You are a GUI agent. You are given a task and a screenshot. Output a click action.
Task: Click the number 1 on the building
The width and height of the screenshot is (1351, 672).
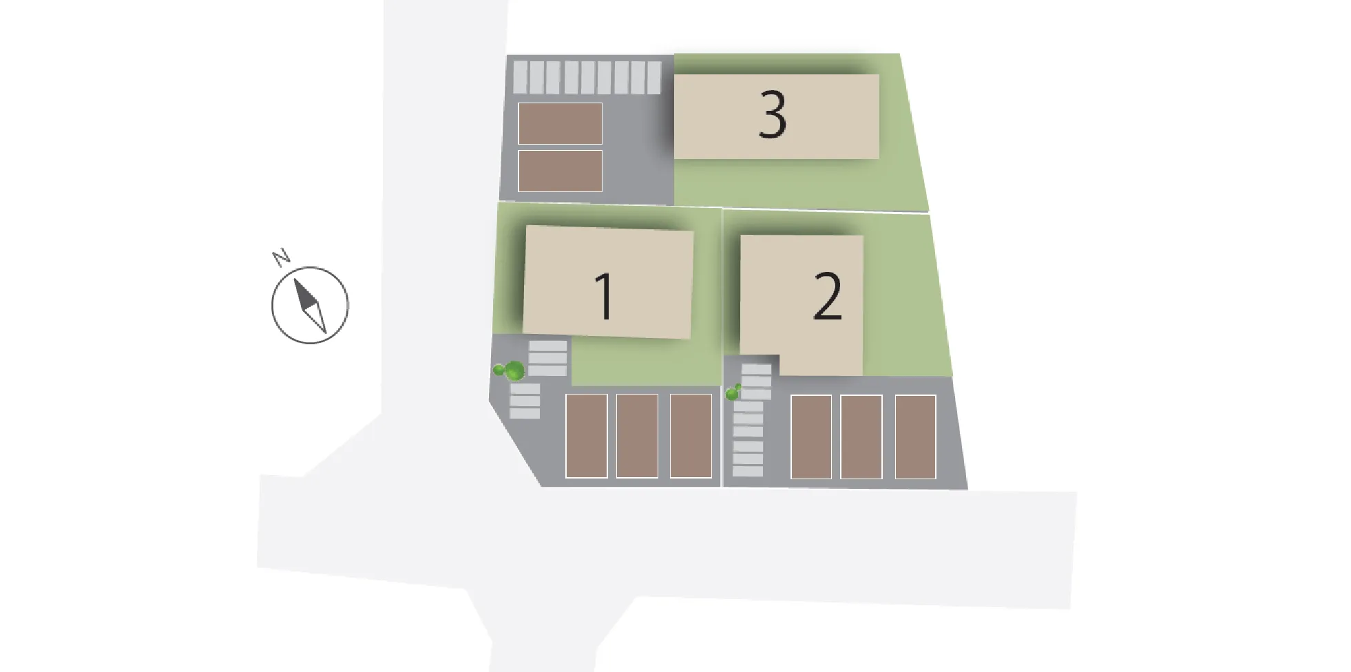tap(605, 296)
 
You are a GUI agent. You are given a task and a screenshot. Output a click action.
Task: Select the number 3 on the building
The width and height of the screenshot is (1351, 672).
tap(772, 115)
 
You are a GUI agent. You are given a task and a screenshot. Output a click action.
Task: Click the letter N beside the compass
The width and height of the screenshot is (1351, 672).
tap(281, 258)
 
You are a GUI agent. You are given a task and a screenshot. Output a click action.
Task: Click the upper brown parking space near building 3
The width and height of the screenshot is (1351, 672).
tap(560, 123)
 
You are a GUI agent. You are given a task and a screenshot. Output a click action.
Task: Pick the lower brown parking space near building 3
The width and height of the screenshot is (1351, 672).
tap(560, 171)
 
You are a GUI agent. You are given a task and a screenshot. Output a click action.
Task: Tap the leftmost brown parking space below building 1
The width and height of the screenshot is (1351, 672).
tap(586, 436)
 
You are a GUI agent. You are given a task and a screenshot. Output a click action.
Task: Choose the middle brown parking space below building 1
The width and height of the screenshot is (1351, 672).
tap(637, 436)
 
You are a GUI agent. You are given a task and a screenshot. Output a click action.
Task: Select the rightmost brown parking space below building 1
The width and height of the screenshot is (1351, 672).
tap(691, 436)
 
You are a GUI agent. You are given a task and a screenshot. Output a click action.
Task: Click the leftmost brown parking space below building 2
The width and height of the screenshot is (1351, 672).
tap(810, 437)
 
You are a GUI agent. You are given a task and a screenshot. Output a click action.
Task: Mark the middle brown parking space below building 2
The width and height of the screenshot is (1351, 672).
tap(861, 437)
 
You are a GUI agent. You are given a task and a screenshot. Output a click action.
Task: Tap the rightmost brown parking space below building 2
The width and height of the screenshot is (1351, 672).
tap(915, 437)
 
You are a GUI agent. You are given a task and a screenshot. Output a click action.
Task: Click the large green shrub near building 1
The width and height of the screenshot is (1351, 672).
tap(514, 372)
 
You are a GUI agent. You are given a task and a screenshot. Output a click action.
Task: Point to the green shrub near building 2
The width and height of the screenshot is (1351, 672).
tap(733, 393)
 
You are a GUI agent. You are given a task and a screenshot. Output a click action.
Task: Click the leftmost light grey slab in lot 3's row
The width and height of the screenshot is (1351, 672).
tap(521, 78)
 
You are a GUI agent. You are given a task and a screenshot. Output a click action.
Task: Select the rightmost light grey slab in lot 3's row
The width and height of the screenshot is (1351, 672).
tap(654, 78)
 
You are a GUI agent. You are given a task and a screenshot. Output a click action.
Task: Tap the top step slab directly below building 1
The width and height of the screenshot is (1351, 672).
tap(548, 346)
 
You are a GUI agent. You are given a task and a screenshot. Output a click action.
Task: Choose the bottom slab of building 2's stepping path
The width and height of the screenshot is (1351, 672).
tap(748, 472)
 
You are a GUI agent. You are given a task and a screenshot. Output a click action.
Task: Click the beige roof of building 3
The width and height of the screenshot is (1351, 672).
tap(776, 116)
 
